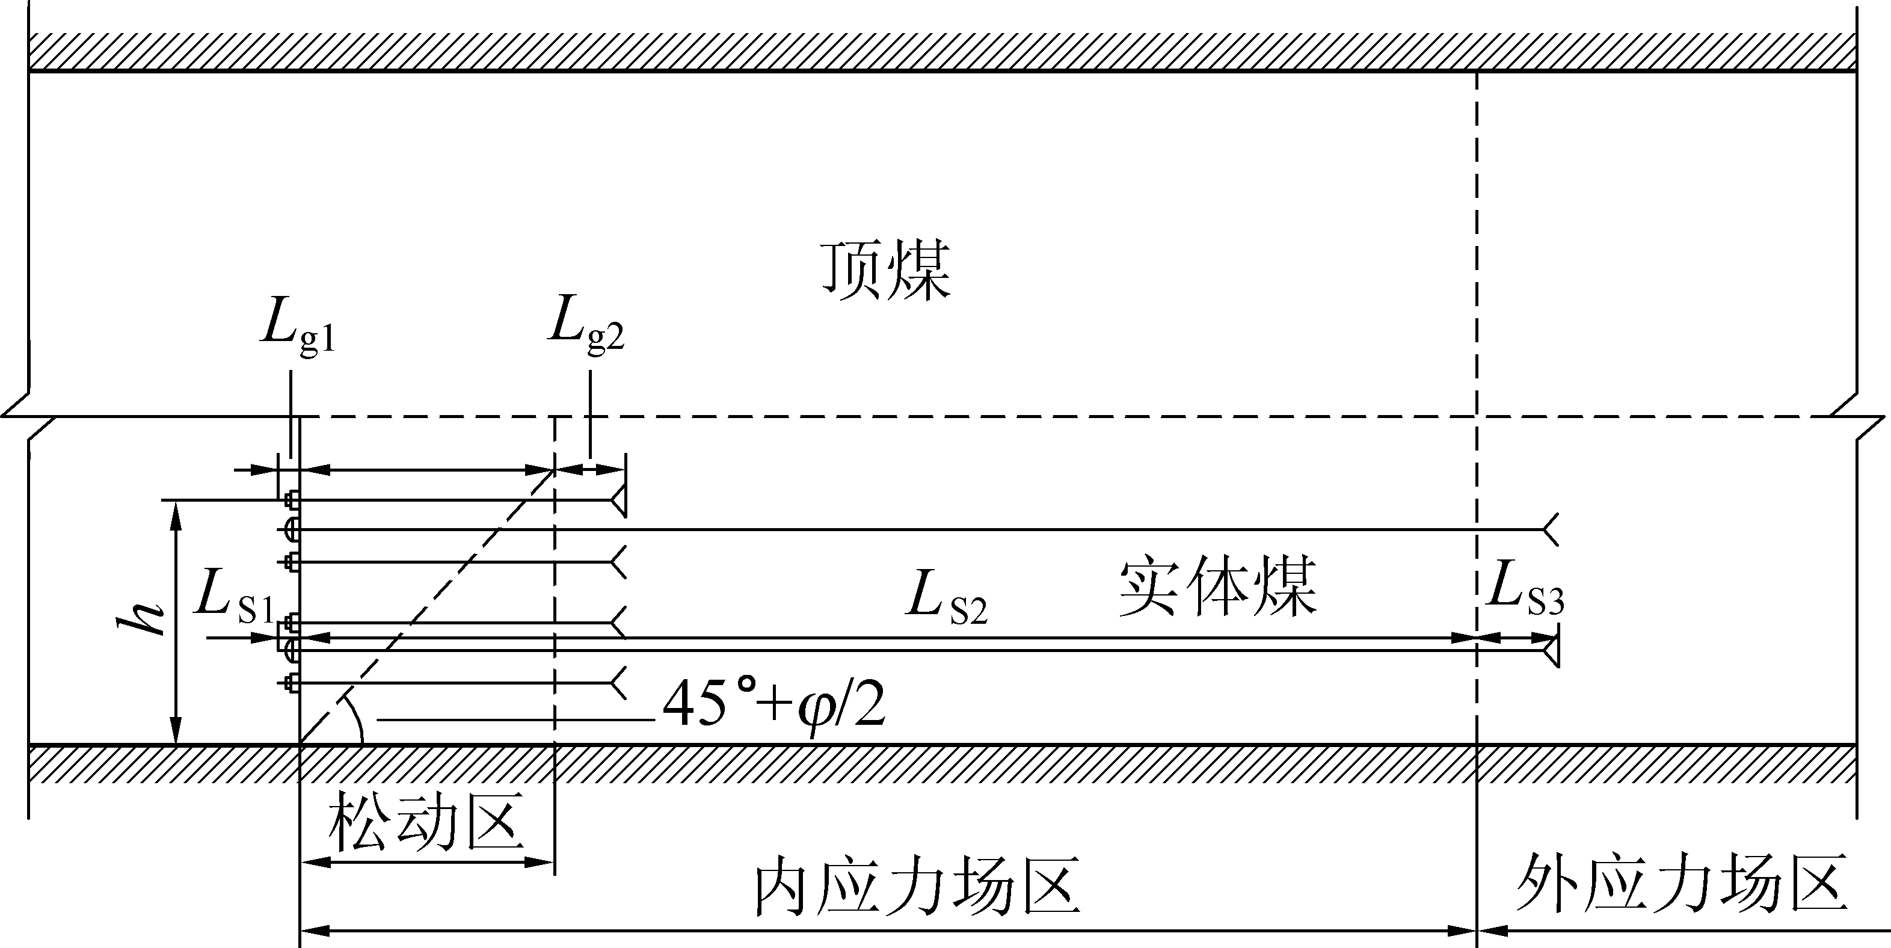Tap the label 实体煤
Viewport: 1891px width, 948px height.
tap(1219, 588)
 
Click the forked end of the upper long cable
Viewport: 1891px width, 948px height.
tap(1549, 529)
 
